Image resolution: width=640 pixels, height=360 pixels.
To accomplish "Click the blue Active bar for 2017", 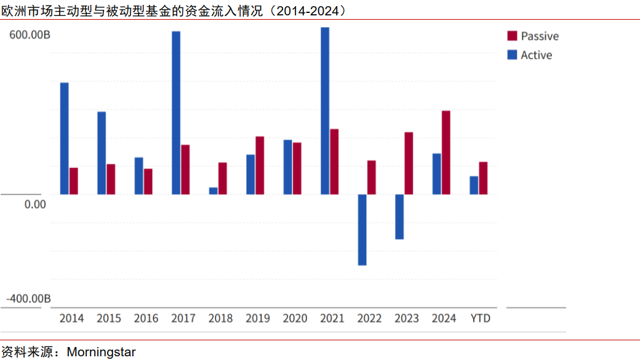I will point(176,113).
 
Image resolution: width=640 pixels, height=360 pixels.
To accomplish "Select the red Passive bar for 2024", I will point(446,153).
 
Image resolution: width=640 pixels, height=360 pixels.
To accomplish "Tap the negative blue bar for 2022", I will point(362,230).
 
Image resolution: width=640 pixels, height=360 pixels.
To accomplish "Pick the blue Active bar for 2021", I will point(325,111).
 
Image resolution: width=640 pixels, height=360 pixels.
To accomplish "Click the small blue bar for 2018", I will point(214,191).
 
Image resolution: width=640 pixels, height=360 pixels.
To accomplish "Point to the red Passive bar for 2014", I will point(74,181).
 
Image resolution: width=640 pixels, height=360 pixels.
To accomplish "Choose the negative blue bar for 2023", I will point(399,217).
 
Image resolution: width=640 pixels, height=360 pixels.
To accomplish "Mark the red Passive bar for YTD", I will point(483,178).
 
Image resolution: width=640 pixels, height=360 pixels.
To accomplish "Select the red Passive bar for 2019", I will point(260,165).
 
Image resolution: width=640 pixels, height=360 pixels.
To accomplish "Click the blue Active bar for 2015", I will point(102,153).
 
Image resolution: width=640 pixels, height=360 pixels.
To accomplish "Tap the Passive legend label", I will point(540,36).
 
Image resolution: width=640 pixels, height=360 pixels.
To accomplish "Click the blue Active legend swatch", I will point(512,55).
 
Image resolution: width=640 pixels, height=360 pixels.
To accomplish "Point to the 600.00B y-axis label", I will point(30,36).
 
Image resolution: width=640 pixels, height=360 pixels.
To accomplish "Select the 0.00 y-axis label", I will point(35,204).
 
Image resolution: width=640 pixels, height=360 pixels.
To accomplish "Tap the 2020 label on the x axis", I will point(295,318).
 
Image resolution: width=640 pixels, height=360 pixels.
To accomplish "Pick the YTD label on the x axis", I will point(480,318).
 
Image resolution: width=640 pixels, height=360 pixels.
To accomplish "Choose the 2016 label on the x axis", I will point(146,318).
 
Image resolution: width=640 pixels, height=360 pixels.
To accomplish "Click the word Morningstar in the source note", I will point(101,353).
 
